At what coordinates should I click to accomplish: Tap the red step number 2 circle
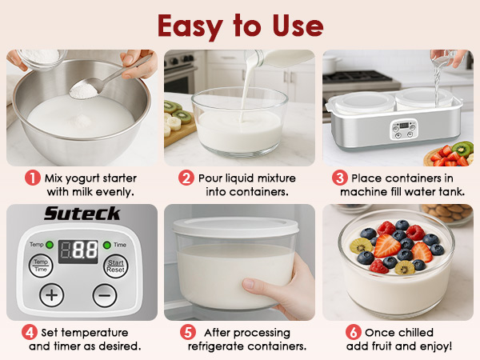pyautogui.click(x=186, y=178)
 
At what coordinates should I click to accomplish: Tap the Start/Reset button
pyautogui.click(x=116, y=265)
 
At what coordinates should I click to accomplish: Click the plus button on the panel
pyautogui.click(x=52, y=294)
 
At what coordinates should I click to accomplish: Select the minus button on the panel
pyautogui.click(x=104, y=294)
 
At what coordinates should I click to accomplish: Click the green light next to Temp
pyautogui.click(x=50, y=243)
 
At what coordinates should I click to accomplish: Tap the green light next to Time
pyautogui.click(x=108, y=243)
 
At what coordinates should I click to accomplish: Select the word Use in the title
pyautogui.click(x=295, y=26)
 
